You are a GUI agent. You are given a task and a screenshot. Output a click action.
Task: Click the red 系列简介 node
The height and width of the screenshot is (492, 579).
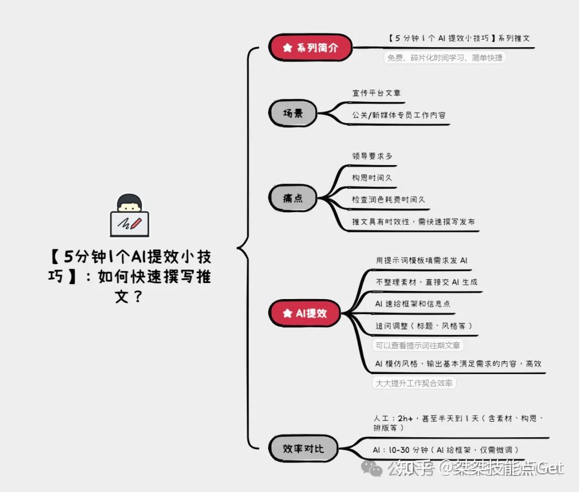(x=310, y=48)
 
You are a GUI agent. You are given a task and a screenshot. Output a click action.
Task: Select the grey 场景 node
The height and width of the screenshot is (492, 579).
(x=293, y=113)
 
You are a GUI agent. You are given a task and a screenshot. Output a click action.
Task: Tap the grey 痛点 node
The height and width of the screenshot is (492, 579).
(x=293, y=198)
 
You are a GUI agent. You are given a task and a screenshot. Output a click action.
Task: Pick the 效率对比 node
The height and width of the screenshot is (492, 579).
(x=303, y=449)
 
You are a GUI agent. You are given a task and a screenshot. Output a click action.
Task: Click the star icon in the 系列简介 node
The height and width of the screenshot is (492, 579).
(x=287, y=48)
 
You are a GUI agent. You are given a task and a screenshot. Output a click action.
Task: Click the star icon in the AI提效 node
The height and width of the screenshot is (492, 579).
(x=287, y=314)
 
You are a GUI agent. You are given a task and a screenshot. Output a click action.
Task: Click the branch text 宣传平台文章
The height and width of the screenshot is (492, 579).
(x=376, y=93)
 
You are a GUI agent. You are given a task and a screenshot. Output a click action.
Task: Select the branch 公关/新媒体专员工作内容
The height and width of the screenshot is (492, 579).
(x=398, y=115)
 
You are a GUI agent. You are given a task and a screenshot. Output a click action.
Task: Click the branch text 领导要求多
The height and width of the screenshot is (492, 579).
(x=372, y=156)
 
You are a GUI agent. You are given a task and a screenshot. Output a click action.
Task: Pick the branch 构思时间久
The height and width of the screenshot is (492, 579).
(x=372, y=177)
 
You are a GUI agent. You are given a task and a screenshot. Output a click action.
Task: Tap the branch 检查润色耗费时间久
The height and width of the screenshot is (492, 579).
(x=388, y=199)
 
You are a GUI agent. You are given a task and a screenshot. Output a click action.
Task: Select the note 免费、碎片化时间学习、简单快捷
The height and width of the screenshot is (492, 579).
(x=445, y=58)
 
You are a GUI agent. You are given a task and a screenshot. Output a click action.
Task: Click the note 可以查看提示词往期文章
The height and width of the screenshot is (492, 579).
(x=418, y=346)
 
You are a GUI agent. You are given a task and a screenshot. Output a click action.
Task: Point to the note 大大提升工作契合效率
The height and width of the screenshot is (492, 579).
(x=414, y=383)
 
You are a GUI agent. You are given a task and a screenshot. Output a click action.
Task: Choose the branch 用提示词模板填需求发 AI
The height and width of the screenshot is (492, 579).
(x=421, y=260)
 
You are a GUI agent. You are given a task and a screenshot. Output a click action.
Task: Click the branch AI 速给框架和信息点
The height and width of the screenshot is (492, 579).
(x=412, y=304)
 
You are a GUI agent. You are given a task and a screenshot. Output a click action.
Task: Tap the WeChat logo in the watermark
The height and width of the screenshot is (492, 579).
(x=372, y=468)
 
